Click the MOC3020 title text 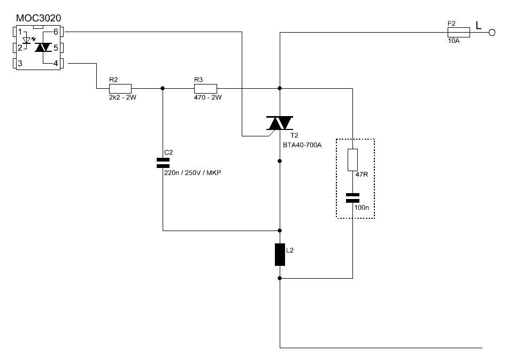click(39, 18)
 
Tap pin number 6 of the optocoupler click(56, 32)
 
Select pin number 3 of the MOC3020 click(20, 63)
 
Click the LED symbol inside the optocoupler click(27, 41)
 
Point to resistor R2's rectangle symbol click(120, 88)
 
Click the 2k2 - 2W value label click(122, 97)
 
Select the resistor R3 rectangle click(205, 88)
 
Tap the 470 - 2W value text click(208, 97)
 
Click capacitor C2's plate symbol click(163, 163)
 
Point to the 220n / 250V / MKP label click(193, 173)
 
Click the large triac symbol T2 click(280, 123)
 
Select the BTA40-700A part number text click(302, 145)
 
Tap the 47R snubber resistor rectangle click(352, 160)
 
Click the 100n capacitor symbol click(352, 198)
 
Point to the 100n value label click(362, 208)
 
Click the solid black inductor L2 click(280, 255)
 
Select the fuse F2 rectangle click(458, 32)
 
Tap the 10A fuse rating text click(454, 41)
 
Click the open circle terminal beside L click(492, 32)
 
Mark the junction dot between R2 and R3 click(163, 88)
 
